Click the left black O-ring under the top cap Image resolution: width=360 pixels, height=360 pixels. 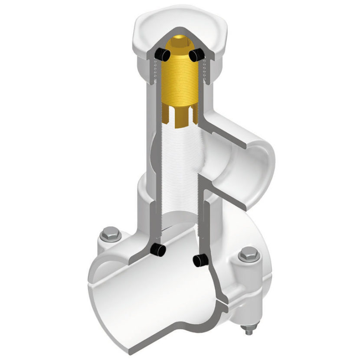point(162,54)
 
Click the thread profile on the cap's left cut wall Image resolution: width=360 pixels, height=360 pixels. point(154,72)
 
